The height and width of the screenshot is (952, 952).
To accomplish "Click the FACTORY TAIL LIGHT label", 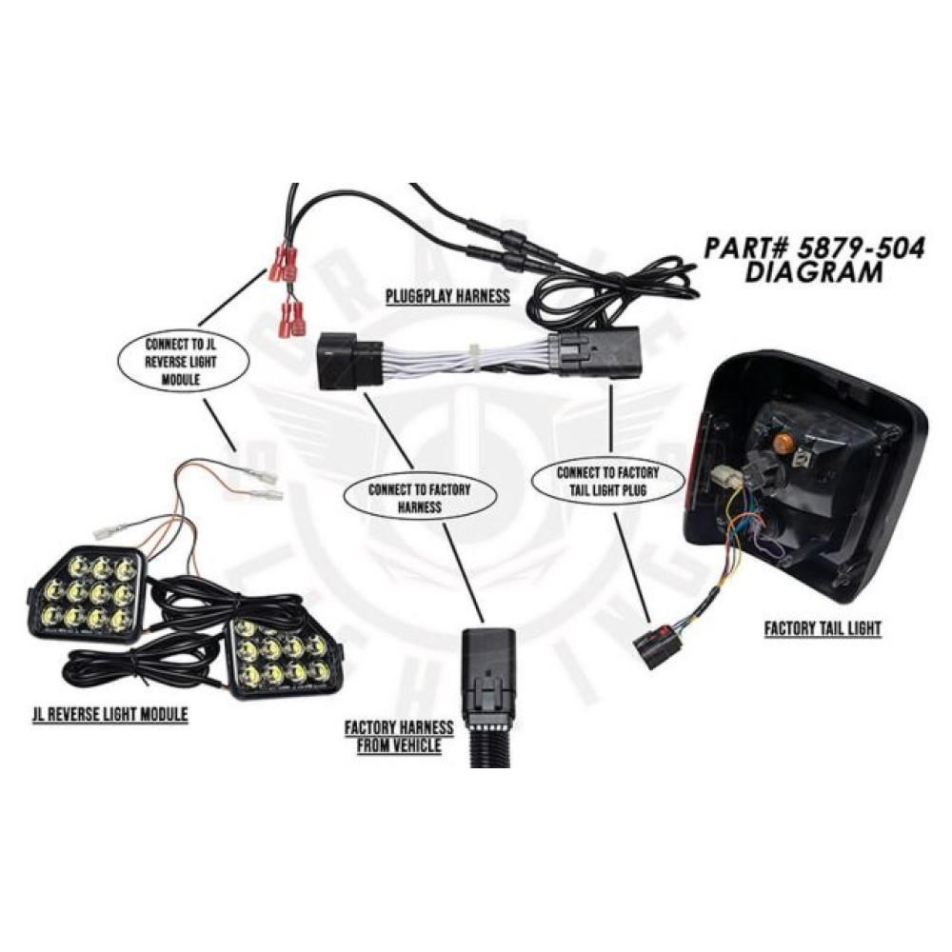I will (x=823, y=628).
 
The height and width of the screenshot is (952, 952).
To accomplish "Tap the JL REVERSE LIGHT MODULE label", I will (x=109, y=714).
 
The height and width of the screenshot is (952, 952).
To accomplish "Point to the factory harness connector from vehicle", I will (x=487, y=681).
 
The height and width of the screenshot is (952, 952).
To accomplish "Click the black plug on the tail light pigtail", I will (x=654, y=645).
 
